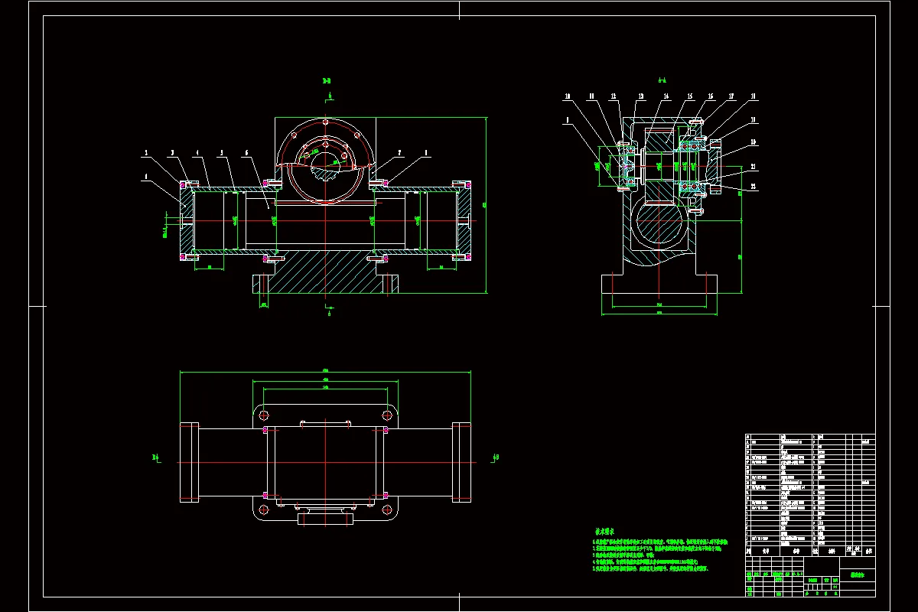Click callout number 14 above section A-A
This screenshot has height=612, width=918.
[666, 96]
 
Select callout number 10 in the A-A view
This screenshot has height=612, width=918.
[568, 96]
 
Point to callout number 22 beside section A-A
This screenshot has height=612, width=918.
[753, 187]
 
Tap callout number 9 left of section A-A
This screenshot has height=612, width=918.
[568, 120]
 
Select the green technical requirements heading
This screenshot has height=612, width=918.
[608, 530]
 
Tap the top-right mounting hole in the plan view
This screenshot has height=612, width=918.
[387, 415]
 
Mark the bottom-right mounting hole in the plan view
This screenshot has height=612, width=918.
[387, 509]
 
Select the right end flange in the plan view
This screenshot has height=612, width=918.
[462, 462]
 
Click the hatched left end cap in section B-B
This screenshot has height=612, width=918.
[185, 220]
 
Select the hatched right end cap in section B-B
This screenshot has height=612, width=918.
[465, 220]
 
